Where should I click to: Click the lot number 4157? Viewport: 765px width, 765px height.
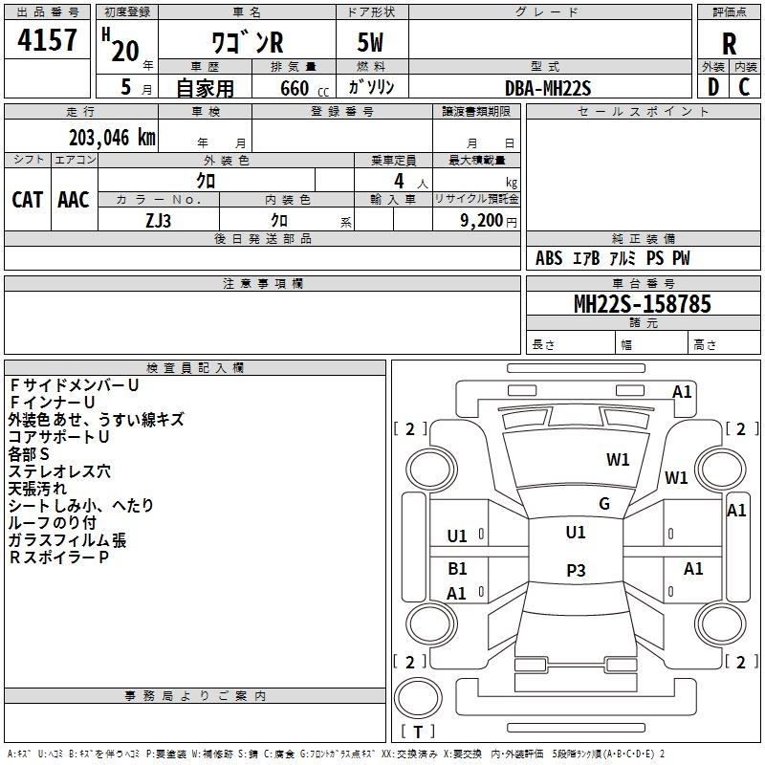click(x=48, y=40)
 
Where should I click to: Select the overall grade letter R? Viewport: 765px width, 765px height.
click(x=729, y=43)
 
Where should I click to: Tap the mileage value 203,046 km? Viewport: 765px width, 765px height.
click(x=112, y=137)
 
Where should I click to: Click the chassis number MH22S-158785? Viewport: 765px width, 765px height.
click(x=642, y=304)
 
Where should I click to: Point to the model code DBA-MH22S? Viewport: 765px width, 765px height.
click(x=548, y=88)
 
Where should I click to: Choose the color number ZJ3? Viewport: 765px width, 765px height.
click(x=159, y=219)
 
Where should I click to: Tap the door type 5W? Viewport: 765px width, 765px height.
click(x=371, y=44)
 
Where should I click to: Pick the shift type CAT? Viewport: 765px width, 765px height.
click(x=27, y=199)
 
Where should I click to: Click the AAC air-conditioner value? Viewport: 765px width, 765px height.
click(x=74, y=199)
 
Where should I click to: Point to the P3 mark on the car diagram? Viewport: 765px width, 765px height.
click(x=576, y=571)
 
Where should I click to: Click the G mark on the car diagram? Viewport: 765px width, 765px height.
click(x=604, y=504)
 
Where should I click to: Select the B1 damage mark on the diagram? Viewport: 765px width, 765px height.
click(x=457, y=569)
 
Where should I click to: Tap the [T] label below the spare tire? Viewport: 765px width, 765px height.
click(x=418, y=732)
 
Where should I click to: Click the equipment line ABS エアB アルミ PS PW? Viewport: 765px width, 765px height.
click(x=612, y=258)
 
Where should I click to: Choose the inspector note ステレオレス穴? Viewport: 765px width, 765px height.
click(x=59, y=470)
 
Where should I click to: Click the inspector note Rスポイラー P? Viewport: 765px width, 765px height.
click(x=59, y=557)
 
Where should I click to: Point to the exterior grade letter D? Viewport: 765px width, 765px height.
click(x=712, y=87)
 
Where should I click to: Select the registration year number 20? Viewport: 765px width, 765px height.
click(x=124, y=51)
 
